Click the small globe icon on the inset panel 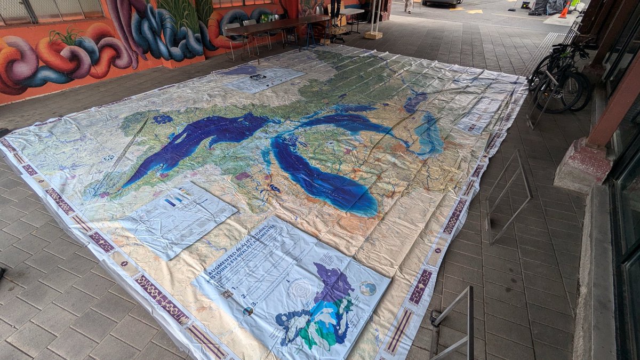pyautogui.click(x=367, y=289)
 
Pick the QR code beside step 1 pyautogui.click(x=228, y=293)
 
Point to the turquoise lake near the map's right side pyautogui.click(x=430, y=136)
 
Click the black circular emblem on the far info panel pyautogui.click(x=258, y=77)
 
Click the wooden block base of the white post pyautogui.click(x=373, y=35)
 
